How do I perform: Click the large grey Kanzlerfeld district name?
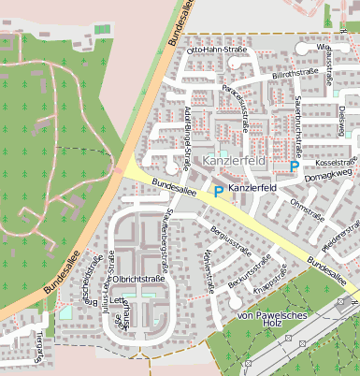tap(234, 162)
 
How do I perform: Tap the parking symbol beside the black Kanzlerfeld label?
tap(219, 192)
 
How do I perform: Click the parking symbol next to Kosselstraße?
tap(294, 166)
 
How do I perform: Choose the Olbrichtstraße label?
tap(139, 279)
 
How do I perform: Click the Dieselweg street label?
tap(342, 120)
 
